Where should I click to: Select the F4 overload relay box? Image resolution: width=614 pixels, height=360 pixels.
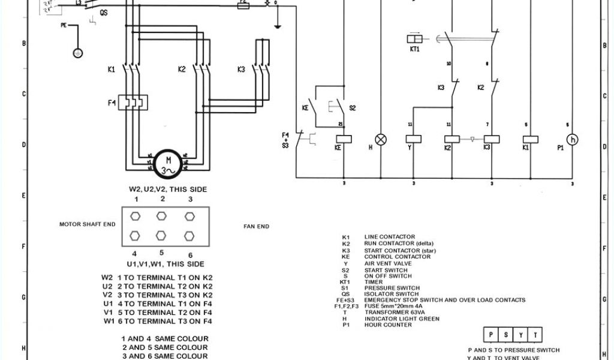[133, 103]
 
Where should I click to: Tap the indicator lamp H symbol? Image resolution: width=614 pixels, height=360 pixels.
[380, 139]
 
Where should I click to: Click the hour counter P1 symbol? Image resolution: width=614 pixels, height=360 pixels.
[573, 139]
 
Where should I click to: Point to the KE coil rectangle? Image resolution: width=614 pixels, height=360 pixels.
[344, 139]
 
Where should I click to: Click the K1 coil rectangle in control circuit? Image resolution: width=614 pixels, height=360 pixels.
[530, 139]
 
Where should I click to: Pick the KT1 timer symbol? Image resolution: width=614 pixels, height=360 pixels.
[415, 39]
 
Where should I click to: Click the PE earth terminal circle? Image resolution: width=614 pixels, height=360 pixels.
[78, 53]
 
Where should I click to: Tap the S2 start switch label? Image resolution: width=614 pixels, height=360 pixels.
[353, 108]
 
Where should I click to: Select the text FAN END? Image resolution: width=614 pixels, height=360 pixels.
[256, 226]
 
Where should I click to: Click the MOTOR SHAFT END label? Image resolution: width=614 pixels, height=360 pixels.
[87, 224]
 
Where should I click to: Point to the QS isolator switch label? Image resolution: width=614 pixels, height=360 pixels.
[104, 12]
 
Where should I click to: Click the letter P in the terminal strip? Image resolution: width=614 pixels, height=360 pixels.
[491, 335]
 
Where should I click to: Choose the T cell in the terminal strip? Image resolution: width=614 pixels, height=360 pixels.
[535, 335]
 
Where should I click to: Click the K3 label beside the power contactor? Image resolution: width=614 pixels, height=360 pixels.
[241, 70]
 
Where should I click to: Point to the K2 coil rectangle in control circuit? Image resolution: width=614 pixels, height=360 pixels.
[452, 139]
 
